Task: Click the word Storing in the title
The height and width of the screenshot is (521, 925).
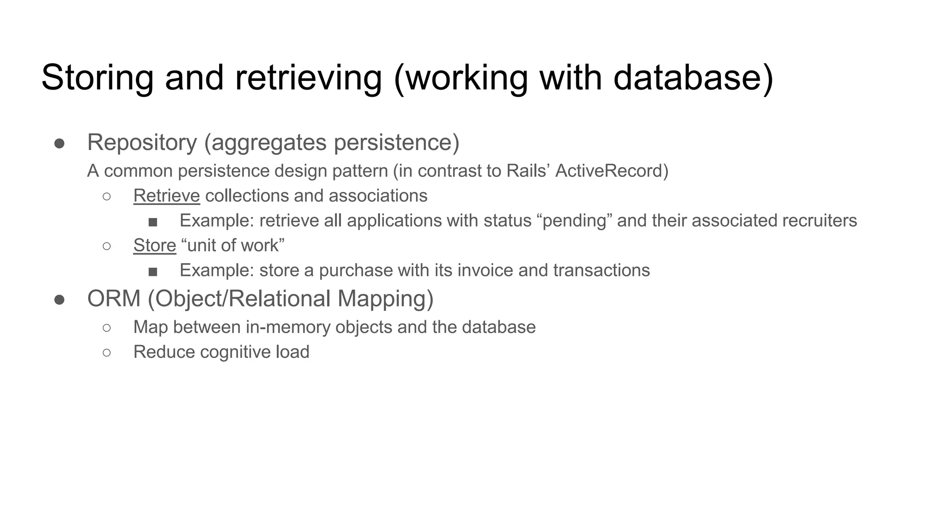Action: click(x=97, y=78)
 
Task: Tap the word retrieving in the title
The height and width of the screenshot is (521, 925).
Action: click(x=308, y=78)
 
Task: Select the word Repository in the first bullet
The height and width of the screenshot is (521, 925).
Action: click(x=142, y=142)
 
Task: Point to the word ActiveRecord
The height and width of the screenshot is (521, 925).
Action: click(x=612, y=171)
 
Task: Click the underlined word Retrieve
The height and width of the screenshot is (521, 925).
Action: click(x=167, y=196)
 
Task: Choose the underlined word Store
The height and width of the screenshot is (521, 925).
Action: click(x=154, y=246)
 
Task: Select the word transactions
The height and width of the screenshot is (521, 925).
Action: click(x=602, y=270)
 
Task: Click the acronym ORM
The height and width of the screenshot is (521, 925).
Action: click(x=114, y=299)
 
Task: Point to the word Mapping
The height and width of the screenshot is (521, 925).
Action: click(x=385, y=299)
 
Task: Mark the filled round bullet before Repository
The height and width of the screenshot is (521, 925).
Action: click(x=59, y=143)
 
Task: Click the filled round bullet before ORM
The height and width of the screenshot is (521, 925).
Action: click(x=59, y=300)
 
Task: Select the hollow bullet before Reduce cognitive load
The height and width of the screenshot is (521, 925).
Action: click(x=107, y=352)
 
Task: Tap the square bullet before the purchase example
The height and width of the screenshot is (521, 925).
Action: click(x=153, y=271)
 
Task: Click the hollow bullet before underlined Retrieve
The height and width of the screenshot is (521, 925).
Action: click(x=107, y=196)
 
